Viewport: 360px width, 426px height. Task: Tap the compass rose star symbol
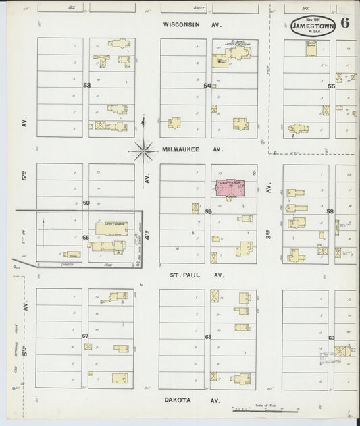coord(143,150)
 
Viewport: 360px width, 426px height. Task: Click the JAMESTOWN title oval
coord(313,26)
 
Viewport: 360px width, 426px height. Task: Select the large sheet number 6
coord(345,22)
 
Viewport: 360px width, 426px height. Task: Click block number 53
coord(86,86)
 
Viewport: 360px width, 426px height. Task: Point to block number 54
coord(208,86)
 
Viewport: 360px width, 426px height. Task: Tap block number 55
coord(331,86)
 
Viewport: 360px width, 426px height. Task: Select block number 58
coord(330,211)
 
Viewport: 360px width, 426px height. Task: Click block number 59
coord(209,211)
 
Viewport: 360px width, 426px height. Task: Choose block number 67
coord(86,336)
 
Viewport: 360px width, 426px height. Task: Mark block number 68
coord(208,336)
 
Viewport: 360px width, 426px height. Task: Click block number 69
coord(331,337)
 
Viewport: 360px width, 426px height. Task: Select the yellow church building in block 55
coord(311,49)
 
